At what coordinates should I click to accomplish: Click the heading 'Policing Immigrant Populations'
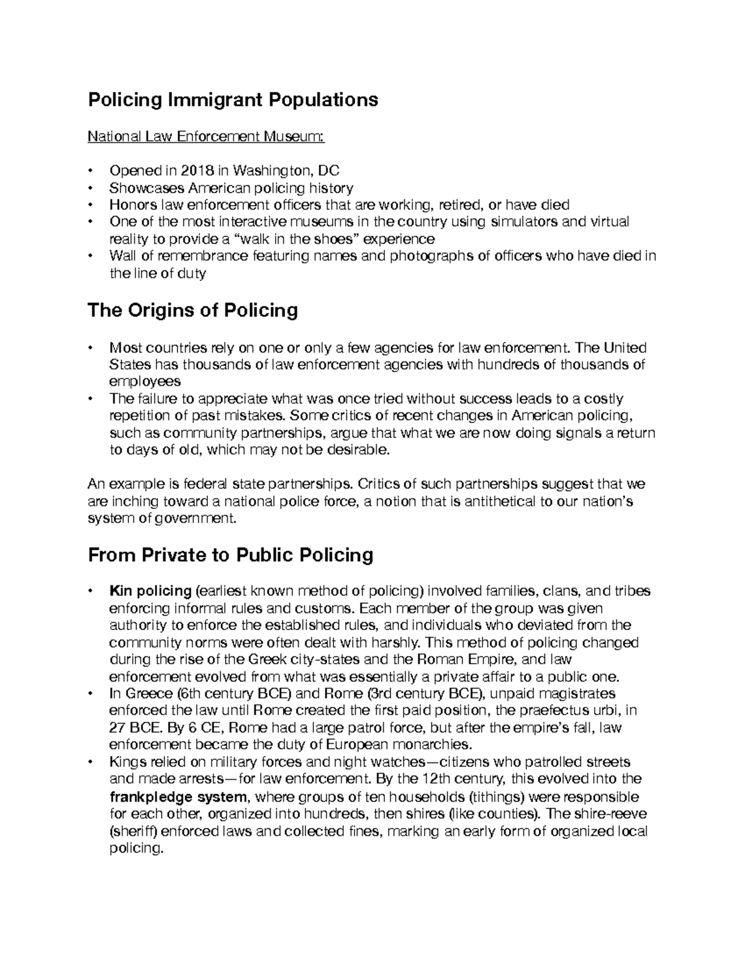coord(233,99)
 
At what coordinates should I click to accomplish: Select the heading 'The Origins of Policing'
coord(192,310)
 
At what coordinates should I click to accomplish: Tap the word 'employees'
coord(145,381)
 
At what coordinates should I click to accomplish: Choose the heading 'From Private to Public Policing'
coord(230,554)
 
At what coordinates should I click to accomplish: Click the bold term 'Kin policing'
coord(150,591)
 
